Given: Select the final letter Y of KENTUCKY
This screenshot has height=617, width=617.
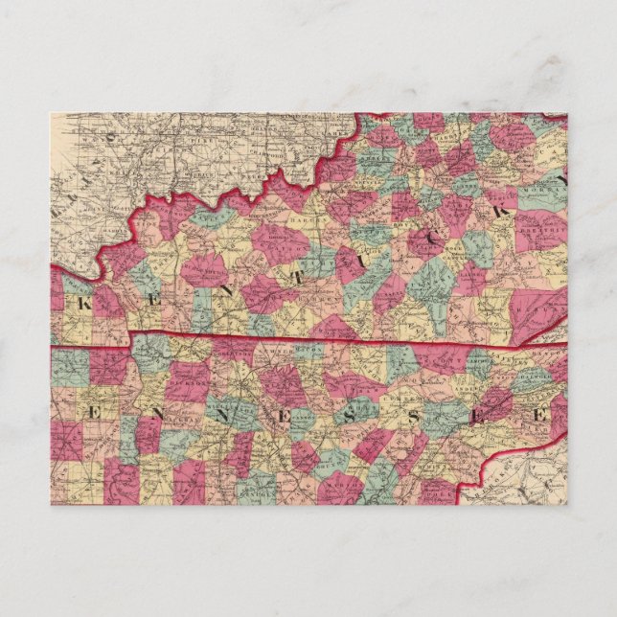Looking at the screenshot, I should coord(563,179).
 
